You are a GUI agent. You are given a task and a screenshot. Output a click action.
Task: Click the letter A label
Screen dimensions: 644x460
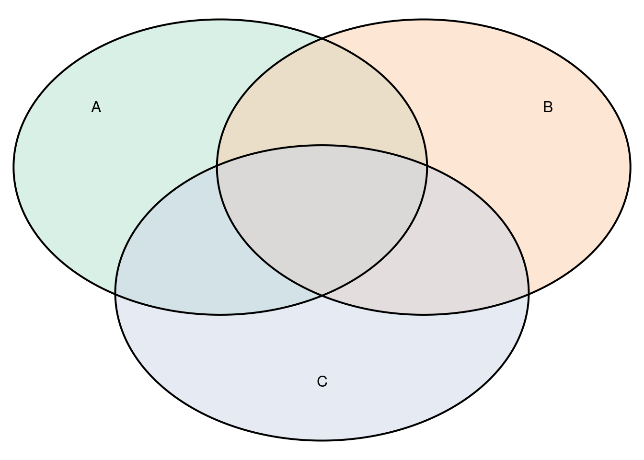pyautogui.click(x=96, y=107)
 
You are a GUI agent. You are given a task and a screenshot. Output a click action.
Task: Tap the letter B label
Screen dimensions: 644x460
pyautogui.click(x=548, y=107)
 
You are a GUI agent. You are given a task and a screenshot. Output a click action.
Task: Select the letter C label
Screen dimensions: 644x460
pyautogui.click(x=322, y=381)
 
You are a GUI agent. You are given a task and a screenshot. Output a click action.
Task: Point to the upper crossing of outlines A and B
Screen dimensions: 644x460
pyautogui.click(x=322, y=38)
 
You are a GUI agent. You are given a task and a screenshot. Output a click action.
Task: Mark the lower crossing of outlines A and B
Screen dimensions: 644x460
pyautogui.click(x=322, y=295)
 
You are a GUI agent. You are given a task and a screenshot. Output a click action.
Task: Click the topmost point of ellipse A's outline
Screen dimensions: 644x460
pyautogui.click(x=220, y=20)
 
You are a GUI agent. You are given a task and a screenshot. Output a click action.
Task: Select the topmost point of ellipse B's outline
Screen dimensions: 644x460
pyautogui.click(x=424, y=20)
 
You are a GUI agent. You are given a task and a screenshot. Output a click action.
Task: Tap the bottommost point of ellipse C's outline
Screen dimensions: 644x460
pyautogui.click(x=322, y=440)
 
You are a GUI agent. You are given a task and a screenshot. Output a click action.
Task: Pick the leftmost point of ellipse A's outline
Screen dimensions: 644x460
pyautogui.click(x=13, y=167)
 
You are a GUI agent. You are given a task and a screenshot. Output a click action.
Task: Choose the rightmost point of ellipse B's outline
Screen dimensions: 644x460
pyautogui.click(x=631, y=167)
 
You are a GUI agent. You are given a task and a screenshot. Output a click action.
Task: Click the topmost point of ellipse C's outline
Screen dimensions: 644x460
pyautogui.click(x=322, y=146)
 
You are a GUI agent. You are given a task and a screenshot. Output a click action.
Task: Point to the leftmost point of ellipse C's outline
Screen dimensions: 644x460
pyautogui.click(x=115, y=293)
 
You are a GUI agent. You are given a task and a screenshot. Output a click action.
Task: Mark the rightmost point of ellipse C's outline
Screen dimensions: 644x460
pyautogui.click(x=529, y=293)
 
